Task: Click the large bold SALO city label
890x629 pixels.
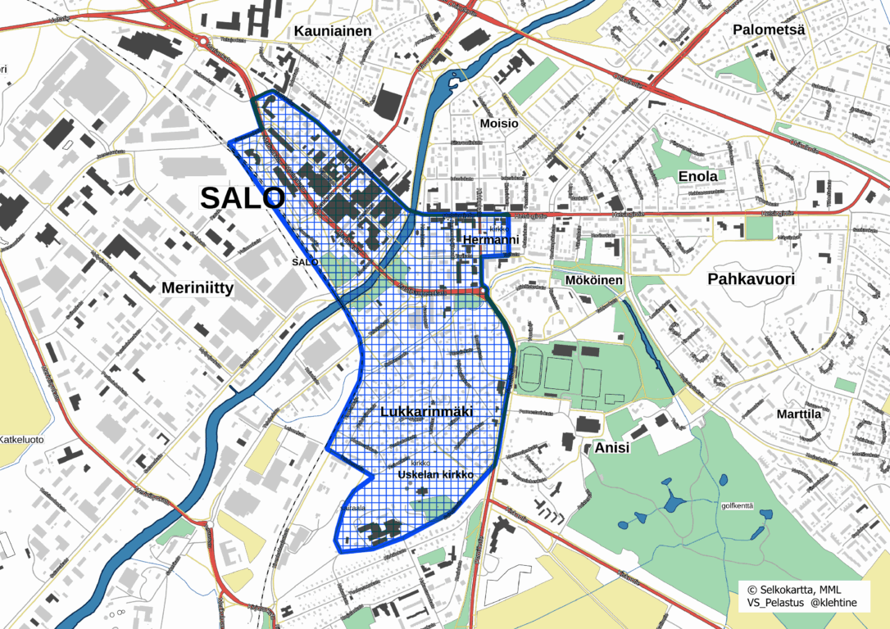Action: (243, 197)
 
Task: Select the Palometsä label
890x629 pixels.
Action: (770, 29)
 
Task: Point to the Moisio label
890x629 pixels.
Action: (499, 123)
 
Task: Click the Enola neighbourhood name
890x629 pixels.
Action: (697, 176)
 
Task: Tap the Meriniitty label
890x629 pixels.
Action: (198, 287)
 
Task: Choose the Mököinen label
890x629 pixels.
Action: (594, 280)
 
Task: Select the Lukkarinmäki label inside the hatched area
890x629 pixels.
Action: (427, 411)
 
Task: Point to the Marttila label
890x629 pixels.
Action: (798, 414)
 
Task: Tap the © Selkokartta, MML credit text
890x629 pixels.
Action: (794, 590)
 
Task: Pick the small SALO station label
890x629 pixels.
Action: (305, 260)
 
